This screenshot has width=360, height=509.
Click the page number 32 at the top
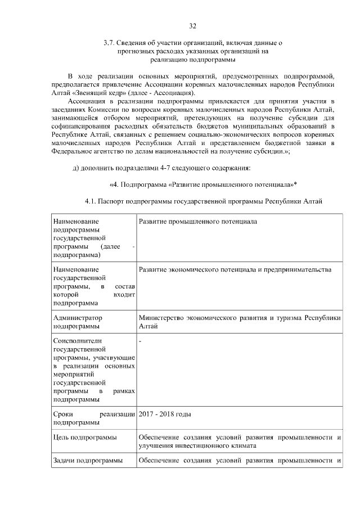[192, 26]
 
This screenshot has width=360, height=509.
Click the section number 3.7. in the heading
[110, 43]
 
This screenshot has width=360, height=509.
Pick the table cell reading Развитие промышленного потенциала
[197, 222]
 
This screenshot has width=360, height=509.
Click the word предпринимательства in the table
[301, 270]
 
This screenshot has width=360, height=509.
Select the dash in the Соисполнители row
[140, 341]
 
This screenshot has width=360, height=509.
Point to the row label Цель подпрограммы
[85, 438]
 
